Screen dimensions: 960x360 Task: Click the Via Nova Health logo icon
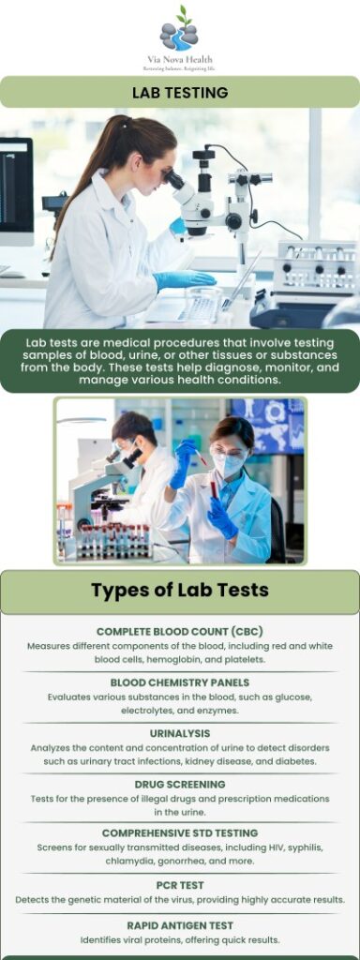179,29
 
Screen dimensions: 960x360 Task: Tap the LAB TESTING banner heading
180,92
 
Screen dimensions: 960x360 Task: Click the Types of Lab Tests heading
180,590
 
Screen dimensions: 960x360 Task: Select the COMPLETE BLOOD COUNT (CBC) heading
180,632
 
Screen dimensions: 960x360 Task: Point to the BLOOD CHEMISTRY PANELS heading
180,682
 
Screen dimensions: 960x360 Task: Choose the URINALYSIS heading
180,733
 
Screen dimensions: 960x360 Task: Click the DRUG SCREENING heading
180,784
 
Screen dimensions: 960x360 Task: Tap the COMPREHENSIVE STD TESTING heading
180,832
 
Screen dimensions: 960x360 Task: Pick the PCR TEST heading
180,884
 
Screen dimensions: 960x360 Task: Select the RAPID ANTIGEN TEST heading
180,924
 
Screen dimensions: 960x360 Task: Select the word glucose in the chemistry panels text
291,697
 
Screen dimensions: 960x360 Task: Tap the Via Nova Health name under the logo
179,59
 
